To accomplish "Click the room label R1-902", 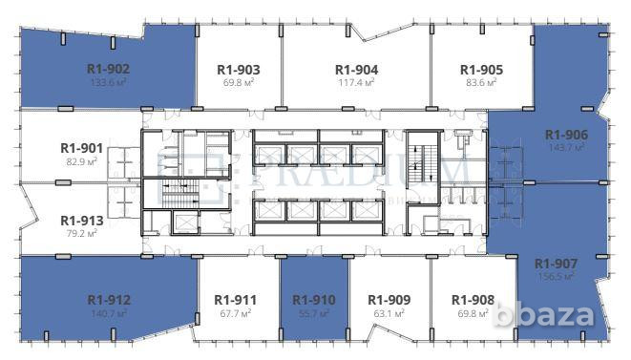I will point(108,68).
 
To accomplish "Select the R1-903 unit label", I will point(239,69).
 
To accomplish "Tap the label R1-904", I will point(356,69).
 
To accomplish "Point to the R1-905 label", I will point(481,69).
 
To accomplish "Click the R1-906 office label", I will point(567,135).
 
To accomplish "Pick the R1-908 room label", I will point(473,299).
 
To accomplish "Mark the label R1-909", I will point(389,299).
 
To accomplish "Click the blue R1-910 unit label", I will point(314,299).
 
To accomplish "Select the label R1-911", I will point(235,299).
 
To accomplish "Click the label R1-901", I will point(82,148).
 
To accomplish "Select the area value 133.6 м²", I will point(108,82).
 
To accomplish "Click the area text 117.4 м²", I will point(356,83).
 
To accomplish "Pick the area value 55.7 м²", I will point(314,312).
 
